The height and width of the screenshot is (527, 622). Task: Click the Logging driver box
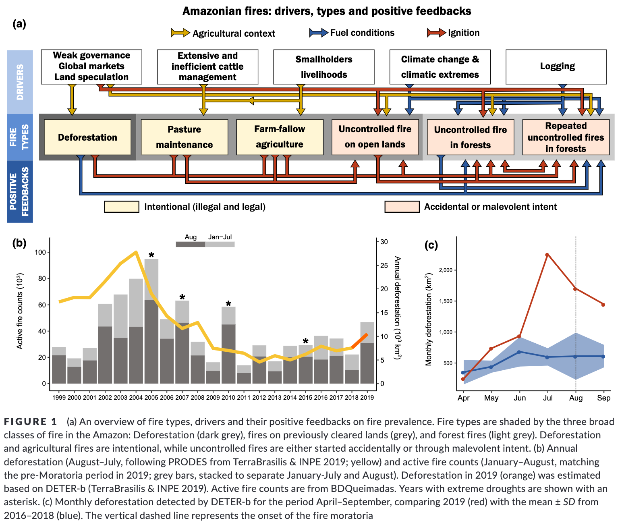coord(556,67)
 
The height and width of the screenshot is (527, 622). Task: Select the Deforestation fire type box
coord(87,137)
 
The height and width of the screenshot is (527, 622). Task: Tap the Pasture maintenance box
coord(185,137)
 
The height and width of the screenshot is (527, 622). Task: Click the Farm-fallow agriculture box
coord(280,137)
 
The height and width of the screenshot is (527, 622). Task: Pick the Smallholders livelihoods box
coord(323,67)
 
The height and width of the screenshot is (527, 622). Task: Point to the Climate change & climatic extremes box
coord(440,67)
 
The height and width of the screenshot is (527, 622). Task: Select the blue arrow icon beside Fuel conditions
coord(319,33)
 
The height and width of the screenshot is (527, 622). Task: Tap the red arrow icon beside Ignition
coord(437,33)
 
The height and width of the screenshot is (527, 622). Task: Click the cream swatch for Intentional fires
coord(122,207)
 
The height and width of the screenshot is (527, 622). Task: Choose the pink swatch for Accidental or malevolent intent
coord(402,207)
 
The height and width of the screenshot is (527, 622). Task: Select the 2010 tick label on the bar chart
coord(229,398)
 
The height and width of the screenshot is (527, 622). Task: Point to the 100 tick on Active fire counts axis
coord(40,252)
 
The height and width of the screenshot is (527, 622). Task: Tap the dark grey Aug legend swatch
coord(190,244)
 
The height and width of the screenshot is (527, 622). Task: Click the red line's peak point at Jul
coord(547,255)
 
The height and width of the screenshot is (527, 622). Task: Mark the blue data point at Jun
coord(519,352)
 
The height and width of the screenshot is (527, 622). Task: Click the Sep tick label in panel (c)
coord(603,398)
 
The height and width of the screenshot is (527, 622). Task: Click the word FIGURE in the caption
coord(25,422)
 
